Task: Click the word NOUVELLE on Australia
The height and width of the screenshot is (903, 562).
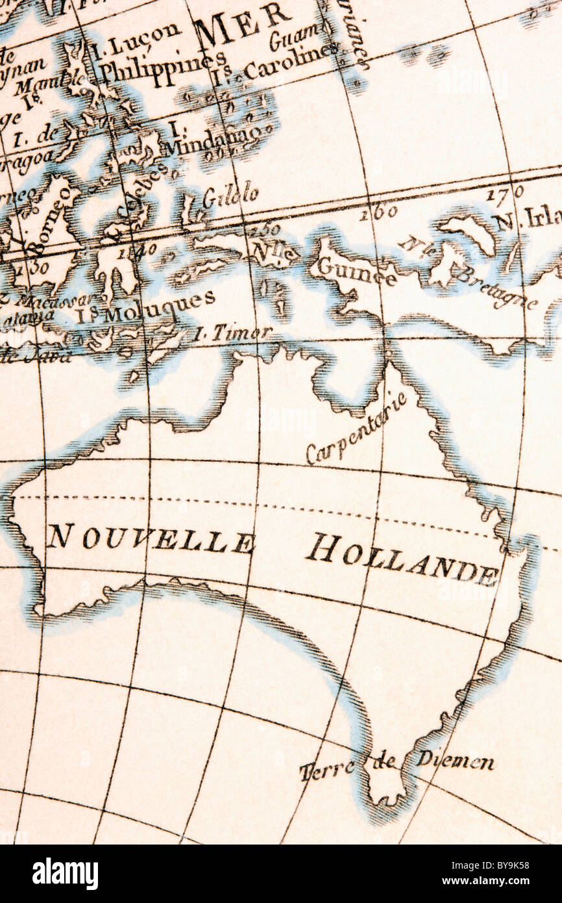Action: pyautogui.click(x=151, y=539)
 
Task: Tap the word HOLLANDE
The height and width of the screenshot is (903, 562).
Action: pyautogui.click(x=403, y=560)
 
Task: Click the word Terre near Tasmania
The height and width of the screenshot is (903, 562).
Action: pyautogui.click(x=328, y=769)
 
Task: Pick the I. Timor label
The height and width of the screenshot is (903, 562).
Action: pyautogui.click(x=232, y=333)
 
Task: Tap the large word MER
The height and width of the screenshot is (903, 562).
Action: pyautogui.click(x=243, y=24)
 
